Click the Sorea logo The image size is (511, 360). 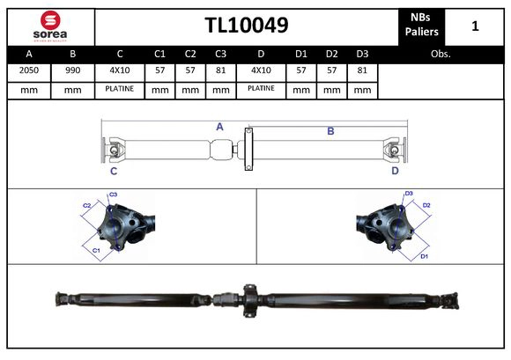pos(49,26)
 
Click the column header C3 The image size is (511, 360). pos(220,54)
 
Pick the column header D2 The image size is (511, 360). pos(331,54)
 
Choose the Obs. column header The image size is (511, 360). pos(441,54)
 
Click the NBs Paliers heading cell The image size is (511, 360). pos(420,26)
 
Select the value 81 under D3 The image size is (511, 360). pos(361,70)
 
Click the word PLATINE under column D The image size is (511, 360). pos(261,88)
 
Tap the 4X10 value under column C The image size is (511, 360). pos(120,70)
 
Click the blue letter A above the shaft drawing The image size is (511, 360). pos(219,127)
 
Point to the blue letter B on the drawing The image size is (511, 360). pos(330,131)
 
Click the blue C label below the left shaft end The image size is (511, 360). pos(114,171)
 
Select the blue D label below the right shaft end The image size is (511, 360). pos(395,171)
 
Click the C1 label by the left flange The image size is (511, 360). pos(96,251)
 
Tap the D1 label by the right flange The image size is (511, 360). pos(424,255)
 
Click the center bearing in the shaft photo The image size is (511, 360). pos(247,300)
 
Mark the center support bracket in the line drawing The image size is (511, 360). pos(248,150)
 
